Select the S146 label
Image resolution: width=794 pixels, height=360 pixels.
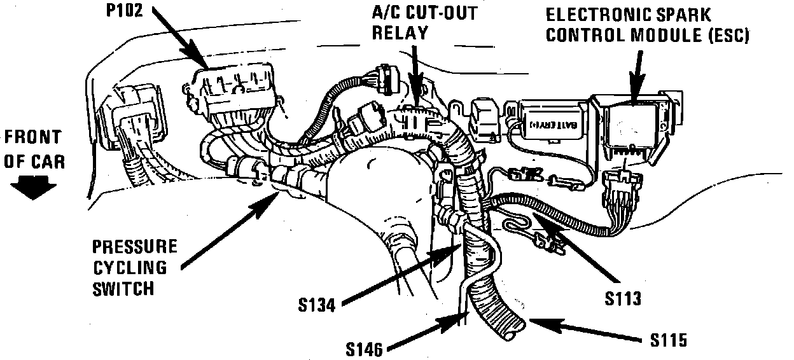coord(365,348)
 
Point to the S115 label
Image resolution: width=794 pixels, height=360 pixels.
coord(669,341)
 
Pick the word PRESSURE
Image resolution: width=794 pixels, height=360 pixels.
coord(134,247)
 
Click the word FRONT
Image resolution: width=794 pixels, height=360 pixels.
coord(33,137)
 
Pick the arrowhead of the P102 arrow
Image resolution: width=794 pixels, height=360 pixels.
coord(207,62)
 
